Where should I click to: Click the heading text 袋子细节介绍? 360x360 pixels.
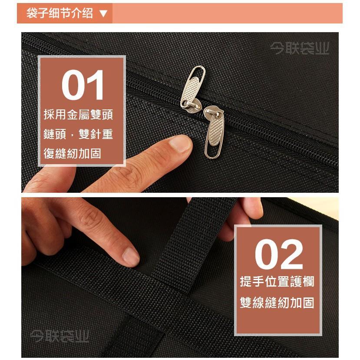(x=59, y=13)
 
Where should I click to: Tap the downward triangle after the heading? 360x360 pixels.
(x=103, y=14)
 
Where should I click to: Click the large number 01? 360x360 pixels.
(x=83, y=85)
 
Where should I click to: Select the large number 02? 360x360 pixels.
(x=278, y=255)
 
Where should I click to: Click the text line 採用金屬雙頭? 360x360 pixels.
(x=78, y=115)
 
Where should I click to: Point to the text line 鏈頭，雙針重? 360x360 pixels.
(x=78, y=134)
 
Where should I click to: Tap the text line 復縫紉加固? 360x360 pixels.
(x=72, y=153)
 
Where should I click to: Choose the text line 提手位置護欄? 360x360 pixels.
(x=277, y=281)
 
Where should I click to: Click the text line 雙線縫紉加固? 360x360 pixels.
(x=277, y=303)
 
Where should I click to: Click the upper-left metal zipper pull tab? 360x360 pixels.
(x=193, y=85)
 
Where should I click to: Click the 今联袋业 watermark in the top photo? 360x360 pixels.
(x=299, y=48)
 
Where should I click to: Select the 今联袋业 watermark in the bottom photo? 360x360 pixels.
(x=59, y=336)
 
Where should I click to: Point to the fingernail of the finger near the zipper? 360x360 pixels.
(x=180, y=143)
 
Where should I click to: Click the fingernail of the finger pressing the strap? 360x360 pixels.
(x=131, y=256)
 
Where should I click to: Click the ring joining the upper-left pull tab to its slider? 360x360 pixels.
(x=186, y=104)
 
